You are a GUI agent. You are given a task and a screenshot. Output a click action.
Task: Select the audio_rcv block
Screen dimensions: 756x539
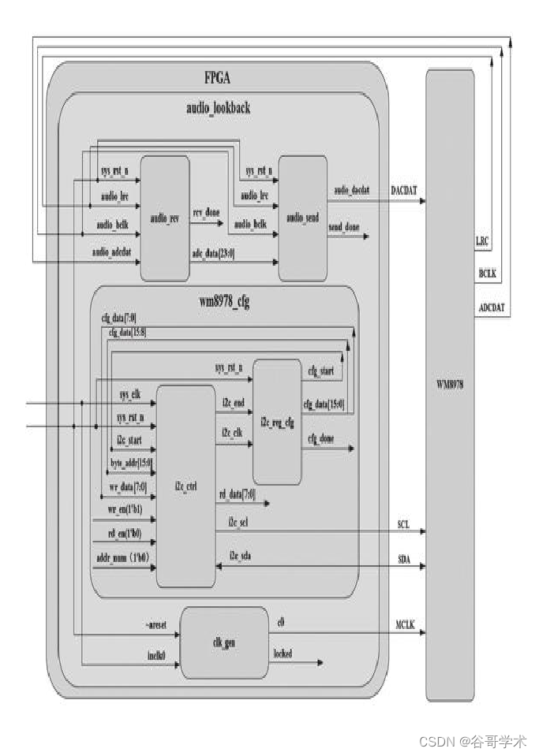(164, 218)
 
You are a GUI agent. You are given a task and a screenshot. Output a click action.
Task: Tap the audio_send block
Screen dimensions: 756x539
(303, 217)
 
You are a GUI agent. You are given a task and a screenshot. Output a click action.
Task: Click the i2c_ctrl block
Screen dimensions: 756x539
(185, 486)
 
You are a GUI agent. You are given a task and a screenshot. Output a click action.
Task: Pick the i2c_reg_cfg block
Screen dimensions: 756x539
(276, 422)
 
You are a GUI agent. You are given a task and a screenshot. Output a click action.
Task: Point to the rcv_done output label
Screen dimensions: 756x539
(207, 213)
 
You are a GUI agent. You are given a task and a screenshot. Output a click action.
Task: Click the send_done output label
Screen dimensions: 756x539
(345, 226)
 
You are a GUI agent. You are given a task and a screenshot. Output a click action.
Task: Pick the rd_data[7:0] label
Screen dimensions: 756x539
(237, 493)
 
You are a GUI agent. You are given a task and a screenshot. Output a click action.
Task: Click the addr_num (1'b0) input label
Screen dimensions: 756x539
(122, 558)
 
